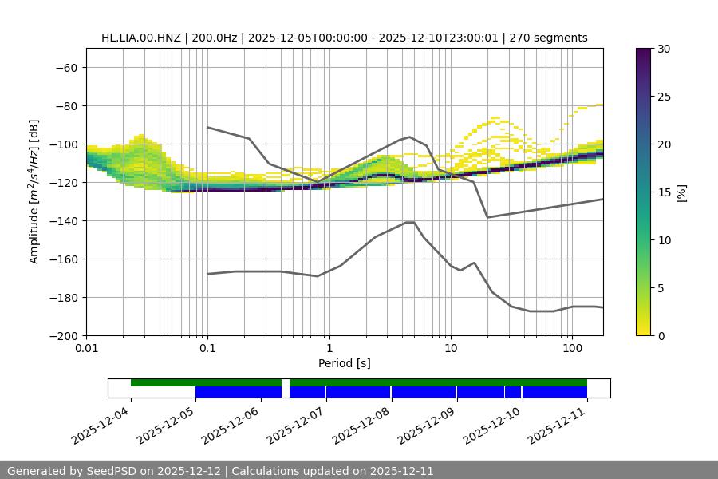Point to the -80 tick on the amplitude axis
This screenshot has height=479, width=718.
coord(65,106)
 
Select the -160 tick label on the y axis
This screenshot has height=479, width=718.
coord(63,259)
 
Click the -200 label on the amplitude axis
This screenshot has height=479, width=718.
coord(63,336)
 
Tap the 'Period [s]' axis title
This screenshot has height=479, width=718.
coord(344,364)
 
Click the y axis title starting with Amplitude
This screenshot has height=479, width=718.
coord(34,192)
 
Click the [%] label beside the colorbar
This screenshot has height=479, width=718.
coord(682,192)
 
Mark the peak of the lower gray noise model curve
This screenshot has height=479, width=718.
coord(410,222)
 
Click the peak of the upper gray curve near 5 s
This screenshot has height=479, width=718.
coord(410,137)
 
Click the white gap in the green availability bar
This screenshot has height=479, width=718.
coord(286,382)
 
